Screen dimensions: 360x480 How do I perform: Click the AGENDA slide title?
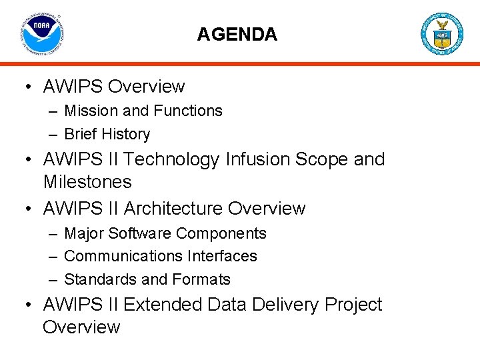coord(237,35)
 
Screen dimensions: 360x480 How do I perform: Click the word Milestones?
coord(87,181)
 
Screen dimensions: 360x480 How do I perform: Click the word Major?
coord(84,233)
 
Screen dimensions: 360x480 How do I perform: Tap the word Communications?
coord(123,256)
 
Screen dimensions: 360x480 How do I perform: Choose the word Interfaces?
coord(222,256)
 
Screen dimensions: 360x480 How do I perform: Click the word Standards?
coord(100,279)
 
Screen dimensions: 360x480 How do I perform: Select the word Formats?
coord(201,279)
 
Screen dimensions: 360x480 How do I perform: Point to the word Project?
coord(353,305)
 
